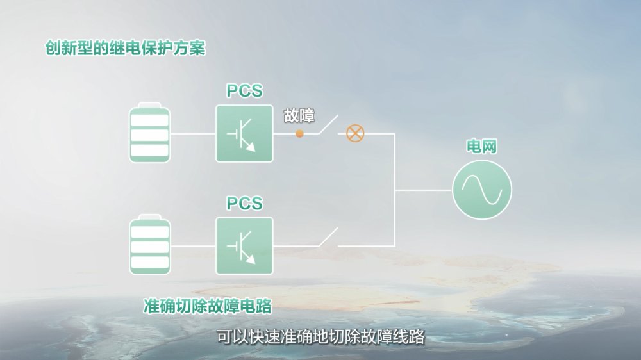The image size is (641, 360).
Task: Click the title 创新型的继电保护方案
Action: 125,48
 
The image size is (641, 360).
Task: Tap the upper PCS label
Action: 244,91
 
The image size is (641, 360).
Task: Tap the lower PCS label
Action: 244,203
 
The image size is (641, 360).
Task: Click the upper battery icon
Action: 149,133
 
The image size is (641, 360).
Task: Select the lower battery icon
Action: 149,244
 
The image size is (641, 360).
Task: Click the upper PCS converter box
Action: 244,134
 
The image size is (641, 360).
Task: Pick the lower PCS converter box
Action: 244,246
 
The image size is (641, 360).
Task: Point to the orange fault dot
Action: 299,134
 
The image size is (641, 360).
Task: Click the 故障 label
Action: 299,116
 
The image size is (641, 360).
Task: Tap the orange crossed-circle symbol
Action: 355,133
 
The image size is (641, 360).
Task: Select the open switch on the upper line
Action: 328,125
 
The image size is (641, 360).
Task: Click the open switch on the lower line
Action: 328,238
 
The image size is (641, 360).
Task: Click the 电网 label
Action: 481,146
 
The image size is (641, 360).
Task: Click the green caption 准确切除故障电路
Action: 207,306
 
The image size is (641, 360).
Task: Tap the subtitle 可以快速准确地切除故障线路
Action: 320,337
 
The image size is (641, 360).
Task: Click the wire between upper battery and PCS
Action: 193,134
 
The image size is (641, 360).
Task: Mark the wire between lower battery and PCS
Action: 193,246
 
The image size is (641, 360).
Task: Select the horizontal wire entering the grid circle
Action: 424,190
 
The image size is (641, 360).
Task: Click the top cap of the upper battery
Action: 149,104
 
